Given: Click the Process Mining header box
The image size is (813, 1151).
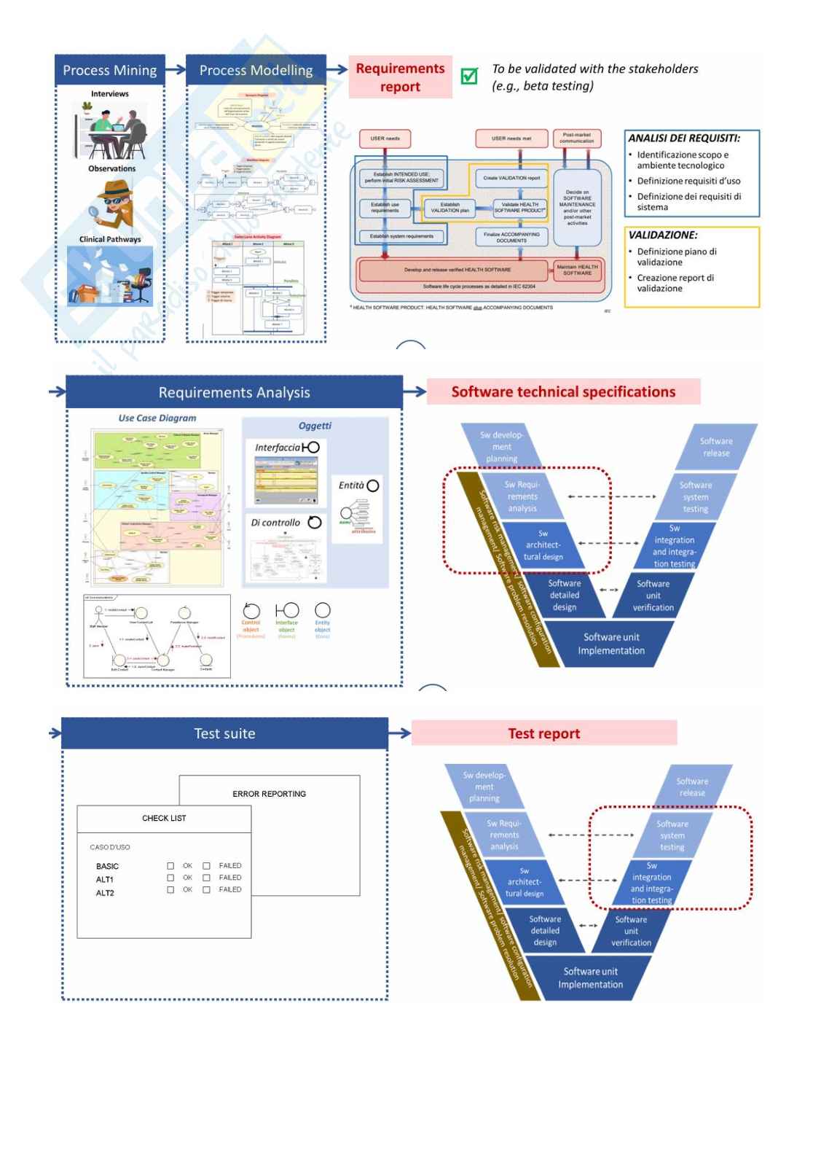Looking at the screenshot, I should point(110,70).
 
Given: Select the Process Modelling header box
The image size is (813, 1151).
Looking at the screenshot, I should point(256,70).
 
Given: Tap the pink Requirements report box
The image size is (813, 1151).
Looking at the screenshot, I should point(400,77).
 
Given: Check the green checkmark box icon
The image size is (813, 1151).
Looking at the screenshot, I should point(470,76).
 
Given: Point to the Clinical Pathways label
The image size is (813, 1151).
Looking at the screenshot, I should point(110,239).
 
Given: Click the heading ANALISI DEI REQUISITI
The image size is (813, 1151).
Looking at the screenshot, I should point(684,138).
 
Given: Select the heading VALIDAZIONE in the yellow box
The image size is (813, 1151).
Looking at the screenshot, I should point(663,235).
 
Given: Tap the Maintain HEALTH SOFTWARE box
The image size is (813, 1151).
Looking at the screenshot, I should point(577,270).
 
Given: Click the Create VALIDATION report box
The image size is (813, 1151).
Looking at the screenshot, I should point(511,178).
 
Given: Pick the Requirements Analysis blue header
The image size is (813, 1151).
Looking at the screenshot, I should point(234,392).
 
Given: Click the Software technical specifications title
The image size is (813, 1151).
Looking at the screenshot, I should point(563,391).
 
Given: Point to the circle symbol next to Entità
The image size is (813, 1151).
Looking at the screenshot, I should point(373,485).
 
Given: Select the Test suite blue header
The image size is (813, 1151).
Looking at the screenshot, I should point(224,733).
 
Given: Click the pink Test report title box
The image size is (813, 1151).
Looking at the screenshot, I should point(544,733).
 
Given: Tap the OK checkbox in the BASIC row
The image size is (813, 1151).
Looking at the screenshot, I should point(170,866).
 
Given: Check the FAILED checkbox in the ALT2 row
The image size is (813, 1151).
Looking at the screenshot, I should point(206,890).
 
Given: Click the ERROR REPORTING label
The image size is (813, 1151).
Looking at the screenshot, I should point(269,794).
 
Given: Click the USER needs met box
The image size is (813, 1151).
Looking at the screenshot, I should point(511,138).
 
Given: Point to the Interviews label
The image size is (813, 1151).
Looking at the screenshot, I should point(110,94).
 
